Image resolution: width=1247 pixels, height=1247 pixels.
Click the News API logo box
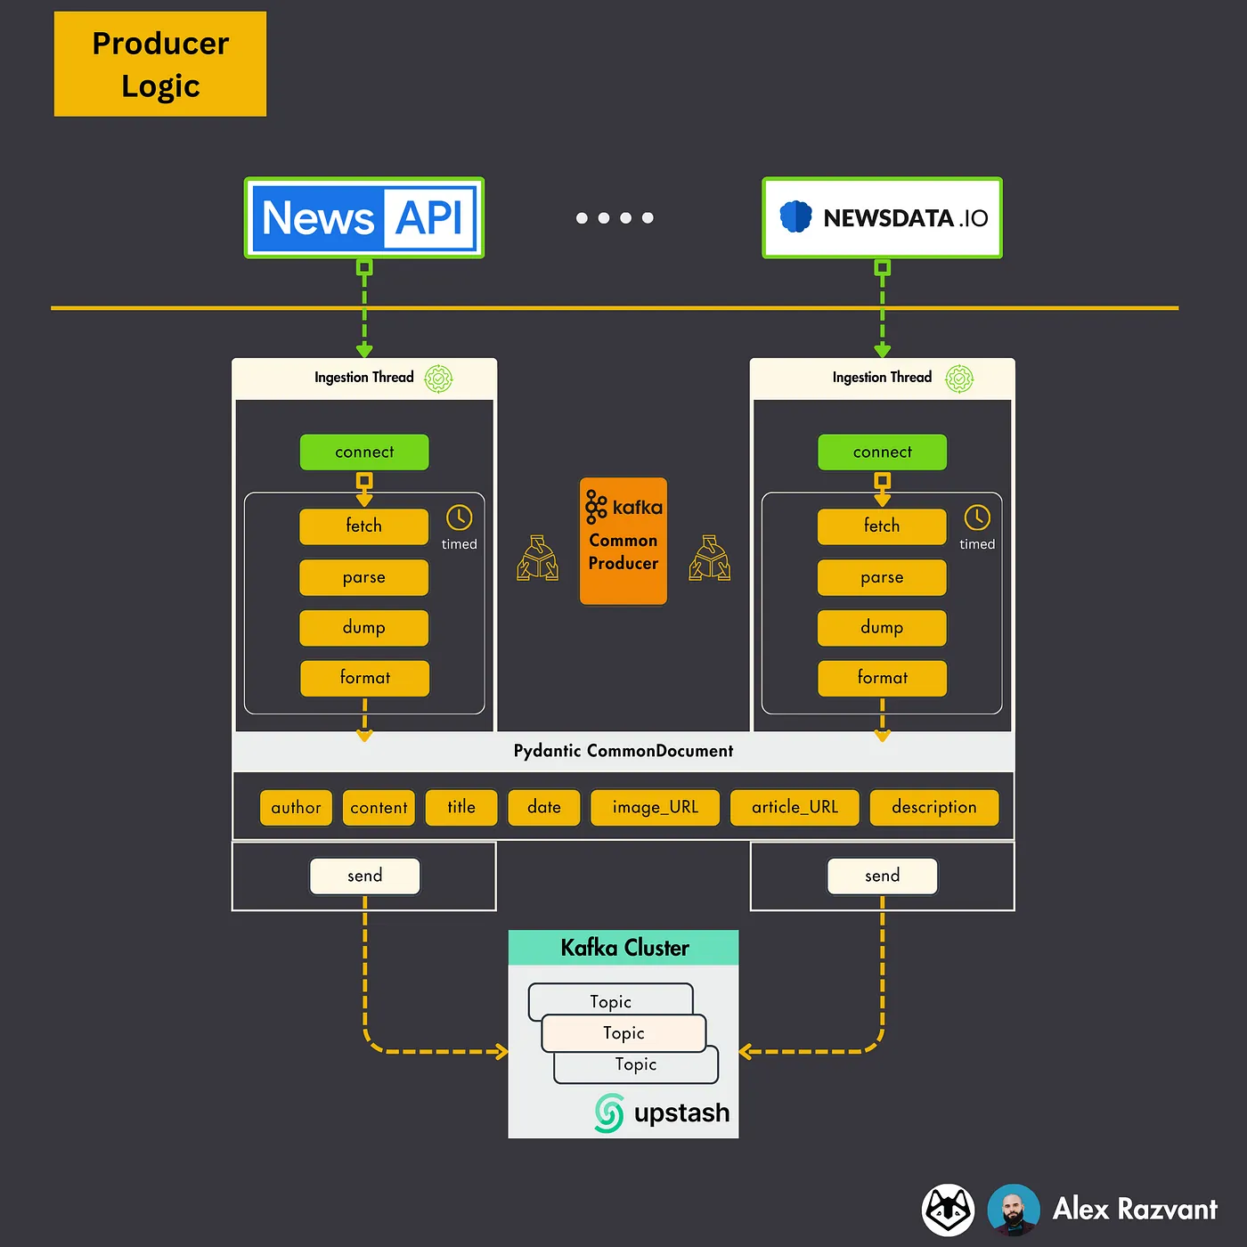coord(364,218)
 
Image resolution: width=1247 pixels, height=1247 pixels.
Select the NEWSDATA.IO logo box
coord(882,218)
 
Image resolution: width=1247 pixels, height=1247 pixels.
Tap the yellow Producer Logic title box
coord(160,64)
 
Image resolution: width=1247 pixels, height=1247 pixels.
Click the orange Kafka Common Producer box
coord(623,541)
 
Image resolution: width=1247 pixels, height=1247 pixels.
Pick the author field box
coord(296,808)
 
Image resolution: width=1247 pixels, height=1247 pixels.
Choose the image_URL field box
coord(655,808)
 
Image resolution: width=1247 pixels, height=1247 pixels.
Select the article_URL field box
coord(795,808)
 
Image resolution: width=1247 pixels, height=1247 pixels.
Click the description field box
coord(933,808)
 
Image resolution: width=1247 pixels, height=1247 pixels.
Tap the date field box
coord(543,808)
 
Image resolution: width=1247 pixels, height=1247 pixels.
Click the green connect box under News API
coord(364,452)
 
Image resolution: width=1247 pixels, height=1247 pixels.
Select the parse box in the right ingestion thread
coord(882,578)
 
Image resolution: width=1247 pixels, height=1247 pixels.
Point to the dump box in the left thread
coord(364,628)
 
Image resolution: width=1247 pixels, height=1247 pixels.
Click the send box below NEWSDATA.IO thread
coord(882,876)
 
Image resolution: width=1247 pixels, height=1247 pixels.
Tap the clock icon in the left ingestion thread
coord(459,518)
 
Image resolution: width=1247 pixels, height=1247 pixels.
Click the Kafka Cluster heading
coord(623,948)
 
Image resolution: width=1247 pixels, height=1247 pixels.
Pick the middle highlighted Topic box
coord(623,1033)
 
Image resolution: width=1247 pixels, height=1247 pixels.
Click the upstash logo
coord(662,1113)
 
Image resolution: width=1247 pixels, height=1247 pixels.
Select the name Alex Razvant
coord(1134,1210)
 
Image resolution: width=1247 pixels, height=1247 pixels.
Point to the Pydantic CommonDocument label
coord(623,751)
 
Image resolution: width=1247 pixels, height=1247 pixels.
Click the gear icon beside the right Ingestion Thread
coord(959,379)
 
